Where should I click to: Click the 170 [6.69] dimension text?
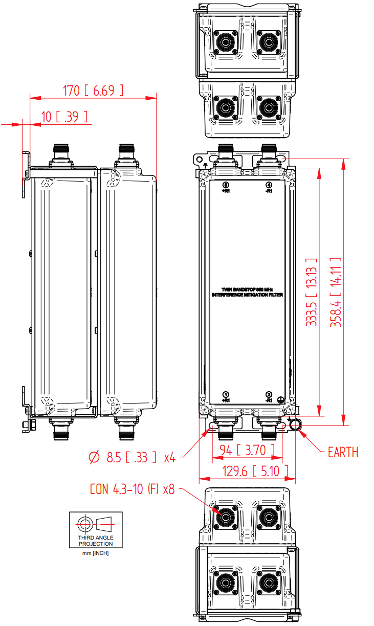[93, 91]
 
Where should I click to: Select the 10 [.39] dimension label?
[64, 117]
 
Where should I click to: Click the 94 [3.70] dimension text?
[247, 451]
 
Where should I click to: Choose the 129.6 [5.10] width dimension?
[248, 471]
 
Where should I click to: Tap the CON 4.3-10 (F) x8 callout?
[132, 489]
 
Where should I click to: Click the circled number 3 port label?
[226, 185]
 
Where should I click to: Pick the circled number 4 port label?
[269, 185]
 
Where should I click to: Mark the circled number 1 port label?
[226, 394]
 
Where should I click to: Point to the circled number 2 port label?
[269, 394]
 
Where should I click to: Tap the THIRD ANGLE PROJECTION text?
[96, 541]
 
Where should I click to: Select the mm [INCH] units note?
[96, 553]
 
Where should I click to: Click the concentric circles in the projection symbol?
[84, 523]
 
